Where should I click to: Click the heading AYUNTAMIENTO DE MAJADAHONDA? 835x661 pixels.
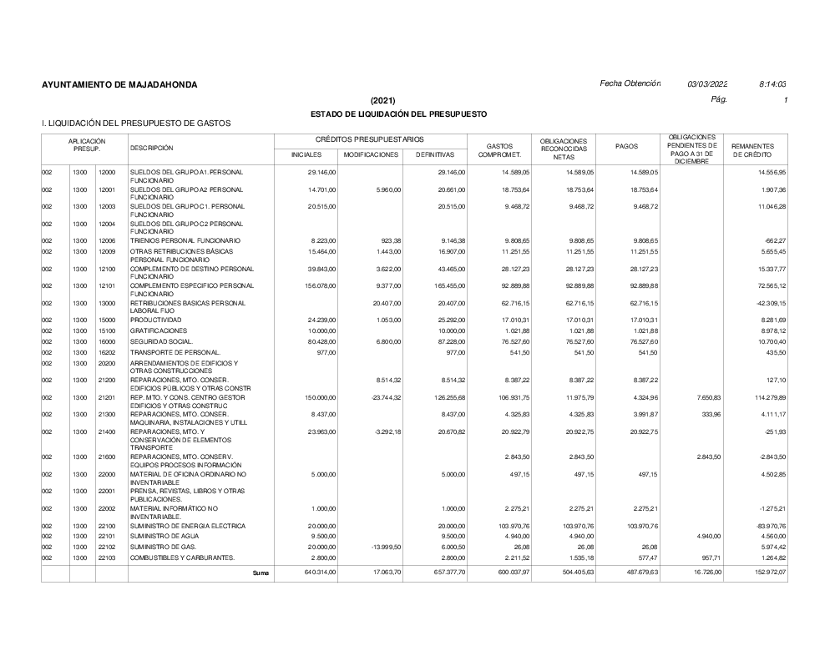(x=119, y=85)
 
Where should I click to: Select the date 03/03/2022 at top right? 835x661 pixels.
(x=707, y=84)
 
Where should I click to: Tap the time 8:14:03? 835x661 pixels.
(x=773, y=84)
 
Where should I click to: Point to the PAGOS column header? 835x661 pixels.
(x=626, y=146)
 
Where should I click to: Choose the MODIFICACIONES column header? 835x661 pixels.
(x=371, y=154)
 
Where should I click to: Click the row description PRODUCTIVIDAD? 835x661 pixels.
(x=156, y=320)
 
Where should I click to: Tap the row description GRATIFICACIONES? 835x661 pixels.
(x=158, y=331)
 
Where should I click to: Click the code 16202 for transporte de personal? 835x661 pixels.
(x=107, y=353)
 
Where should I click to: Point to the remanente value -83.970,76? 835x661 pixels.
(x=768, y=526)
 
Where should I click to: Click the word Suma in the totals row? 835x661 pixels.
(x=261, y=573)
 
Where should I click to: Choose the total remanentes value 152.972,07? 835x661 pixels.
(x=767, y=573)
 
